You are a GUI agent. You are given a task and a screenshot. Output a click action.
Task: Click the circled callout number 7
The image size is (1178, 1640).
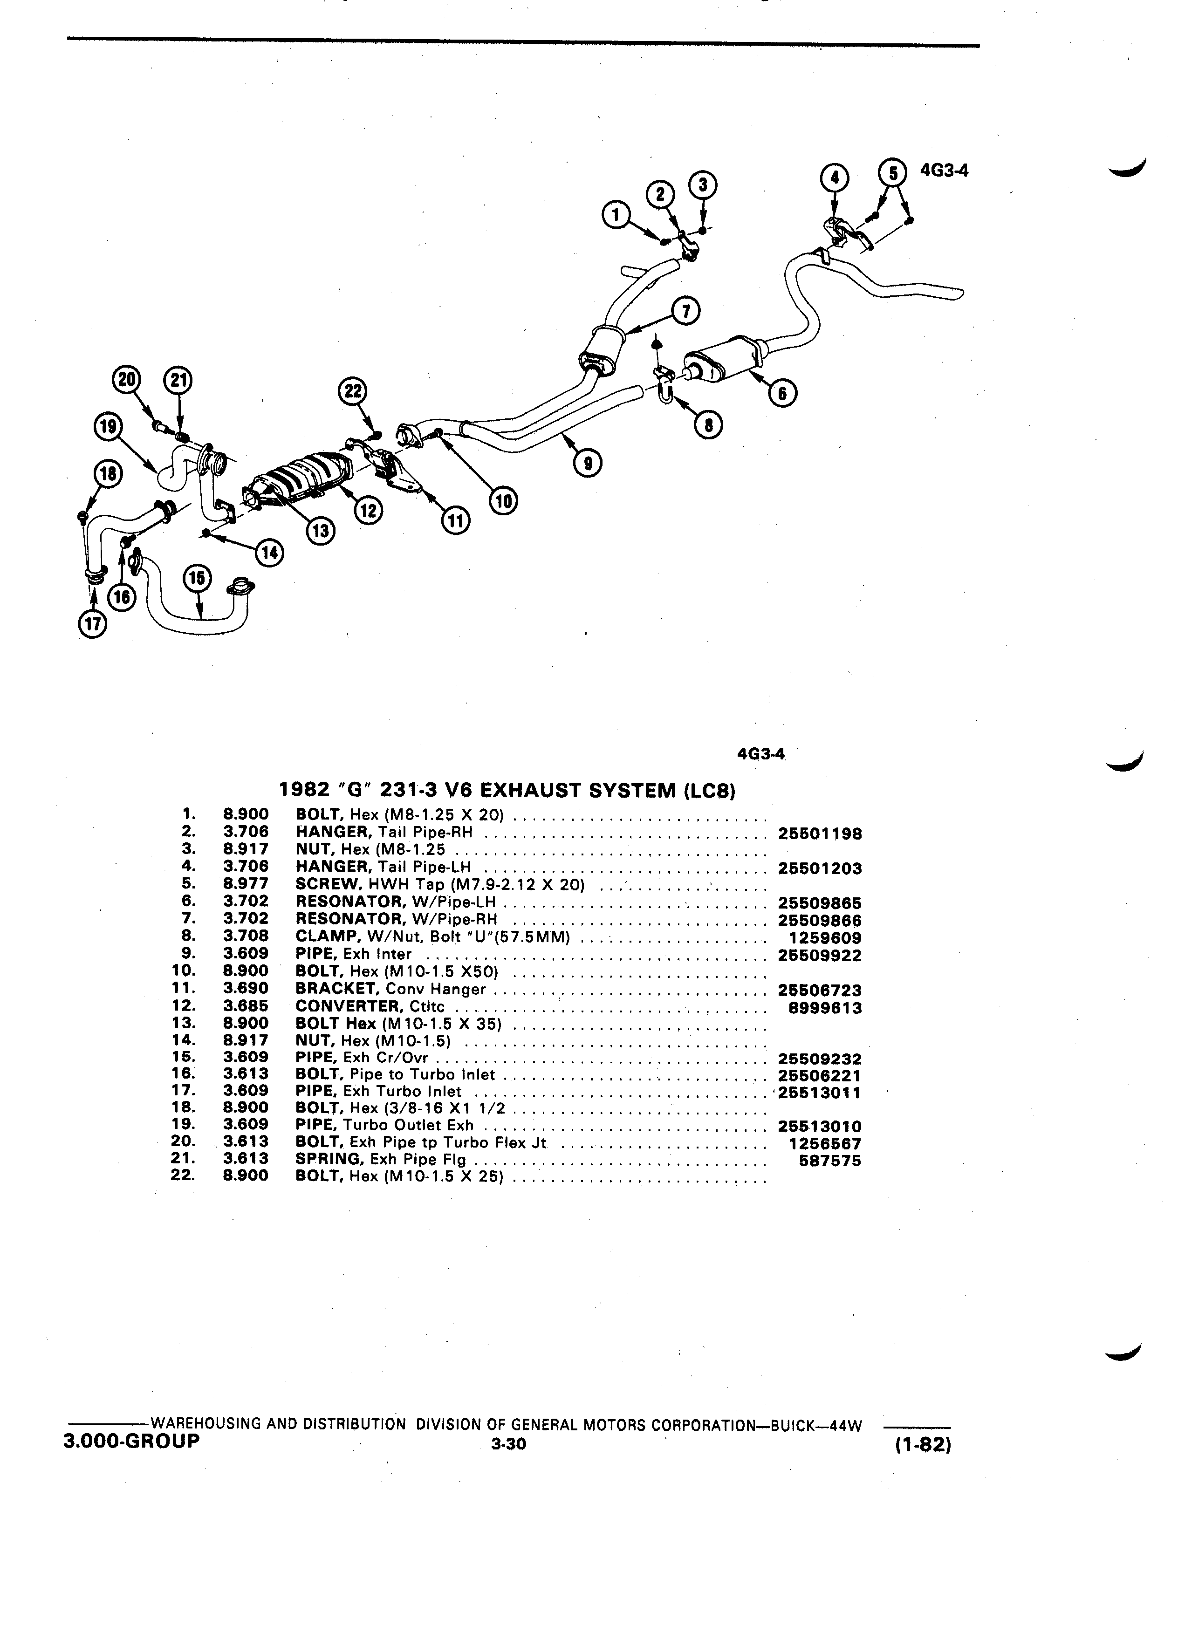tap(685, 312)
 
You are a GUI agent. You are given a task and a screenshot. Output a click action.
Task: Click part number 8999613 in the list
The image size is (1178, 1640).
tap(825, 1008)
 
